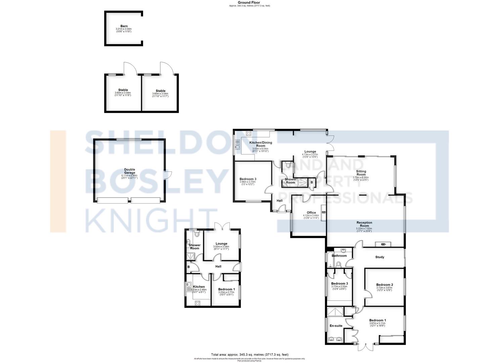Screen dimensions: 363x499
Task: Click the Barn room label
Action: (x=124, y=26)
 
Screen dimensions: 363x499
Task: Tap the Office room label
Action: (x=311, y=213)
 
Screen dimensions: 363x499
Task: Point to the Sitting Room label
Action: (x=361, y=173)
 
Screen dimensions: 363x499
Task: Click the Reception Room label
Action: (x=364, y=224)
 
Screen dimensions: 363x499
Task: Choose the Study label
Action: (x=379, y=257)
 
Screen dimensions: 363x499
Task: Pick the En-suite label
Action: (x=336, y=326)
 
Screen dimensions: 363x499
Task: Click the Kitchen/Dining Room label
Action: (x=260, y=144)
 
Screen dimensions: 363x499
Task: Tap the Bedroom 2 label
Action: (x=384, y=285)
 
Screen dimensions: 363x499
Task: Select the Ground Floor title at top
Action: (x=249, y=2)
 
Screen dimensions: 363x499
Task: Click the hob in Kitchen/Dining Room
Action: (x=249, y=133)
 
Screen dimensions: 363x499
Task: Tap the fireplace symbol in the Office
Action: (x=324, y=212)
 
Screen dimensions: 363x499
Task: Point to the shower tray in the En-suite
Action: (x=335, y=312)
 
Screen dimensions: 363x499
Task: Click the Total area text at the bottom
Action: (x=249, y=355)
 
